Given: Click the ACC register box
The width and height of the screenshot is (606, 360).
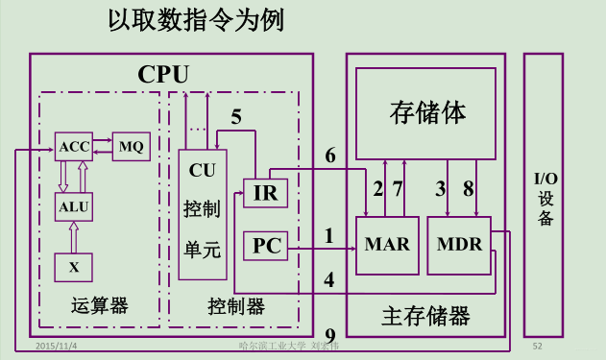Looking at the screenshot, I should click(x=74, y=147).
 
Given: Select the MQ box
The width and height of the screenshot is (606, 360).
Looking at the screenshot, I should click(x=131, y=147).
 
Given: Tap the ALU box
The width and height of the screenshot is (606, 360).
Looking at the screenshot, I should click(x=74, y=205).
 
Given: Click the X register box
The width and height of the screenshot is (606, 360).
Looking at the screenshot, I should click(x=74, y=266).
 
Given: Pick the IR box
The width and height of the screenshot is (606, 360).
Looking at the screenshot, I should click(x=265, y=192).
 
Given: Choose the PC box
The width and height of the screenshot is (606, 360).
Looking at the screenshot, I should click(x=265, y=246).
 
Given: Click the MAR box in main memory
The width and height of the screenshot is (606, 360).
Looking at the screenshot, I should click(x=387, y=244).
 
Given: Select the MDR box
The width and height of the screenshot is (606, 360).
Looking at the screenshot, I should click(x=459, y=244).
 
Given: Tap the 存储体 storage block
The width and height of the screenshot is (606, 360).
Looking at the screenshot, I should click(x=427, y=111).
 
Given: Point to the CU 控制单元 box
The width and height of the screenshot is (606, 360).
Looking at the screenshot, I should click(x=203, y=213).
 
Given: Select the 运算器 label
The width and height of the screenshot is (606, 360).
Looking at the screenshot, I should click(x=99, y=306).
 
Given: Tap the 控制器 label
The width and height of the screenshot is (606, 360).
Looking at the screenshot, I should click(x=235, y=306).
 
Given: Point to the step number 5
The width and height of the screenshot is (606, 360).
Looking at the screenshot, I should click(x=236, y=118).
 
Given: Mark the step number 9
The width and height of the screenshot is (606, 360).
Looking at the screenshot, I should click(x=330, y=336).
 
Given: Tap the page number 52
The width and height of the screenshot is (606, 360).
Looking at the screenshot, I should click(x=538, y=344).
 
